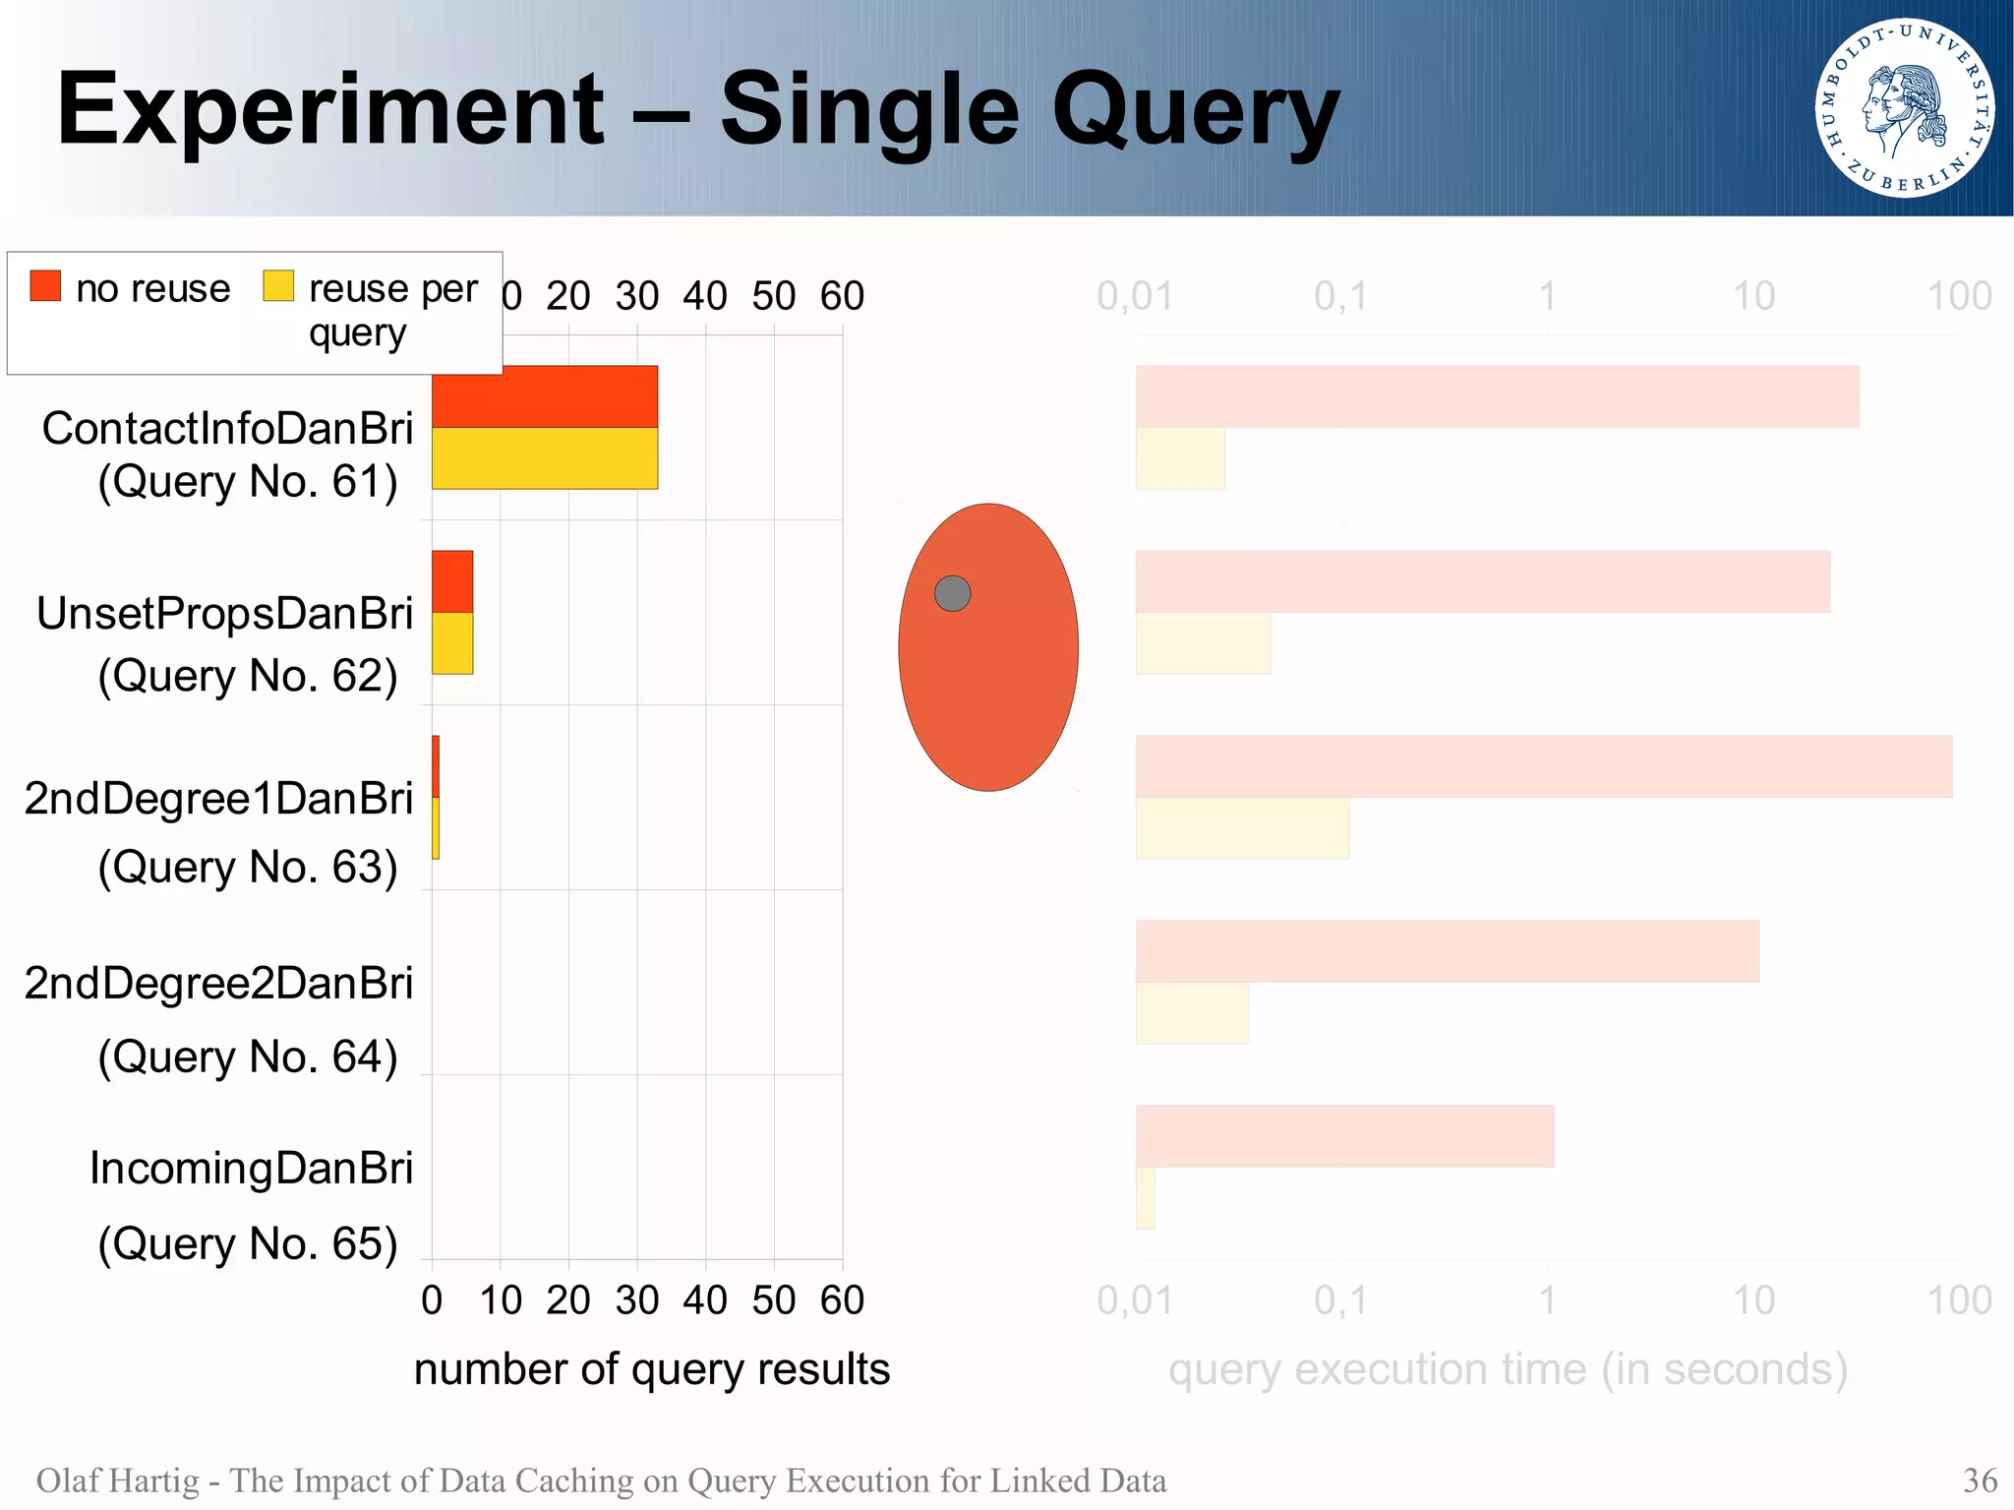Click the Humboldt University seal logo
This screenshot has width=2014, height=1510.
[1904, 108]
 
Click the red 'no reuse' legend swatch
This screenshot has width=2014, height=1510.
[45, 285]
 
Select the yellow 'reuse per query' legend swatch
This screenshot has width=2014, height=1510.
[278, 285]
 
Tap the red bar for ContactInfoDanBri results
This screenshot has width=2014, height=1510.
[544, 396]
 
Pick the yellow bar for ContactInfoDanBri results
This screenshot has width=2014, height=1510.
[544, 458]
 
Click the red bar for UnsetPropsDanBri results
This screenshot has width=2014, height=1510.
[452, 581]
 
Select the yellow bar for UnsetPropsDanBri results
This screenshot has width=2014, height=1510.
[452, 643]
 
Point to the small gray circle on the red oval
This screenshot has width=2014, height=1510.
[952, 593]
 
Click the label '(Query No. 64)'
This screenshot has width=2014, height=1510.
[248, 1057]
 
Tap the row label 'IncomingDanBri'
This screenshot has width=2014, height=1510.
[251, 1169]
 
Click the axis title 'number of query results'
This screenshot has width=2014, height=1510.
[651, 1369]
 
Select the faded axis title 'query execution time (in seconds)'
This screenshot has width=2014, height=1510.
[1508, 1369]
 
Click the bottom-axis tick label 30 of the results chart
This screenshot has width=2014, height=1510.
[636, 1300]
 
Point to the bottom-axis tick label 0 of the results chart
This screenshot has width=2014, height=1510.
[432, 1300]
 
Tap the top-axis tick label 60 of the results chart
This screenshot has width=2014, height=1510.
[842, 296]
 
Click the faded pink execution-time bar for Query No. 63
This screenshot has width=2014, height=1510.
[1543, 766]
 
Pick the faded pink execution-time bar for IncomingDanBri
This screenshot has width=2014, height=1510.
[1344, 1136]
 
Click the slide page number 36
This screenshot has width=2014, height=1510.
[1980, 1480]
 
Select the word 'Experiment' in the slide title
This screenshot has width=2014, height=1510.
[330, 110]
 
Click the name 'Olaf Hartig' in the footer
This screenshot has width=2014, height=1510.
[117, 1480]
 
